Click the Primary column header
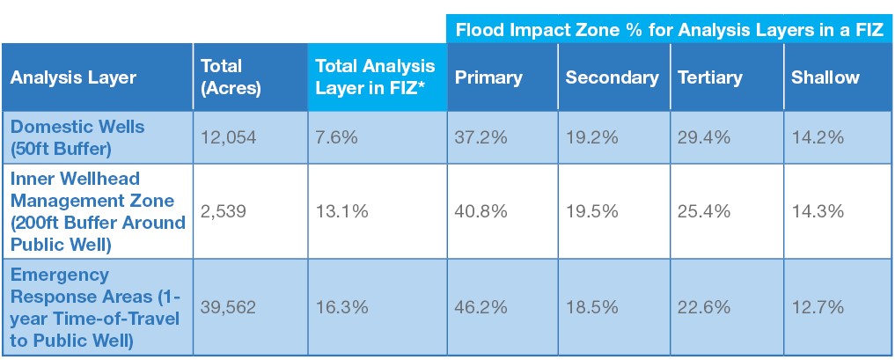click(x=488, y=77)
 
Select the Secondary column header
click(x=612, y=77)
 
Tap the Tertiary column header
click(x=709, y=77)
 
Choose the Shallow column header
click(x=825, y=77)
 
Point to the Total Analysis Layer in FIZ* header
click(x=375, y=77)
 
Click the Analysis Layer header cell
click(x=73, y=77)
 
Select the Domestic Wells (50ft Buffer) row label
click(x=77, y=136)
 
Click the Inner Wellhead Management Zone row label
click(x=98, y=211)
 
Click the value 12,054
click(x=228, y=136)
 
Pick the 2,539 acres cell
click(x=224, y=211)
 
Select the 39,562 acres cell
click(x=228, y=307)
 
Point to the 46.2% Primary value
click(x=481, y=307)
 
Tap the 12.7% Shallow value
click(x=818, y=307)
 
